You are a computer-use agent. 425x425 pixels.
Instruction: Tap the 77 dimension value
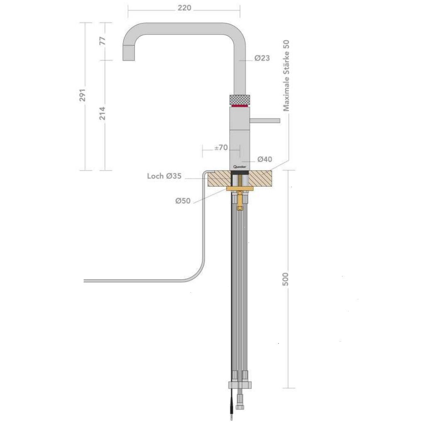[x=103, y=41]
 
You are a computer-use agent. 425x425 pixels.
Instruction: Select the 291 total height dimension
[x=83, y=95]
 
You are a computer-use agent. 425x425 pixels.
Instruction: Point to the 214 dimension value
[x=103, y=113]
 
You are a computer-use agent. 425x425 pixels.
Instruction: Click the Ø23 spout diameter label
[x=262, y=58]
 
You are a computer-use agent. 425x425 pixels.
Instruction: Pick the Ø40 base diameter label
[x=264, y=159]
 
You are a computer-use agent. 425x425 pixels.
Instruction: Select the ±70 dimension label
[x=221, y=147]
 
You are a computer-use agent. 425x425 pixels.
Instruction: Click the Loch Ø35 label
[x=164, y=176]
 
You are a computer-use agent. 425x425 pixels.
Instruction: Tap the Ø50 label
[x=183, y=201]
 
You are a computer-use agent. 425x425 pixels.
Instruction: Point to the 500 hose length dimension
[x=286, y=279]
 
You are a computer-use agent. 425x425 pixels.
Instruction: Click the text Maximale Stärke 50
[x=286, y=76]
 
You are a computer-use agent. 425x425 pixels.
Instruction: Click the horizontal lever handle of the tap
[x=265, y=121]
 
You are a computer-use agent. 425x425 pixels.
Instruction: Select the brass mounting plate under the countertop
[x=239, y=189]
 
